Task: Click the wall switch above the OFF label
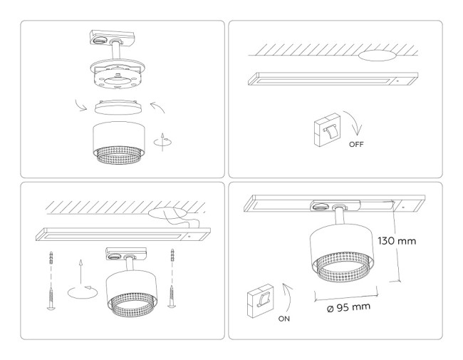pyautogui.click(x=328, y=130)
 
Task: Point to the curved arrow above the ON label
pyautogui.click(x=289, y=292)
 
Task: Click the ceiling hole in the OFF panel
pyautogui.click(x=378, y=55)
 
